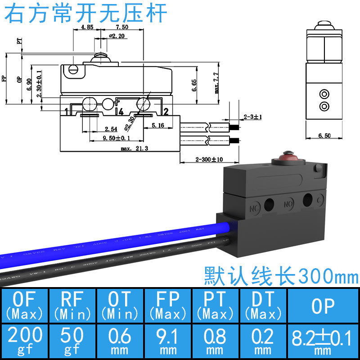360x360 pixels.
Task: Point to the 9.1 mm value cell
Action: (x=167, y=340)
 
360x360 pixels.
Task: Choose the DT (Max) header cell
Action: (x=263, y=304)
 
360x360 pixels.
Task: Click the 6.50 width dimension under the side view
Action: (x=324, y=135)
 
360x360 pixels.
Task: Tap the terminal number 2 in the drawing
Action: (x=166, y=112)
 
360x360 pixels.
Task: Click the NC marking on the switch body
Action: (x=254, y=208)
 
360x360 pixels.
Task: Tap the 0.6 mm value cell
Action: (x=120, y=340)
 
